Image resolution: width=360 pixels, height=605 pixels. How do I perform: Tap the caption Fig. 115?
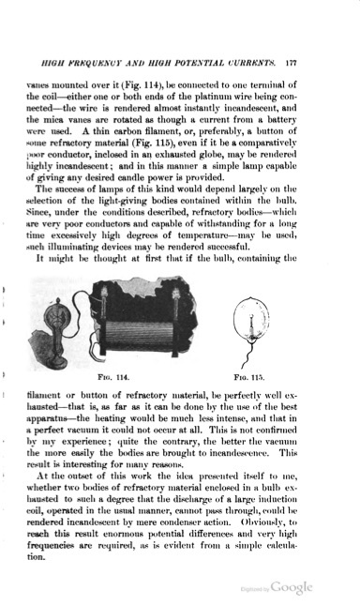[261, 378]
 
